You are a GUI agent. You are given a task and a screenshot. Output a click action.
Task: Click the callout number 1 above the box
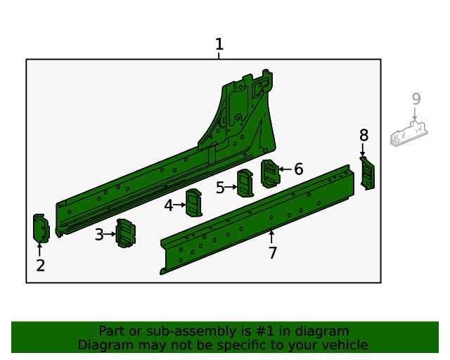click(219, 45)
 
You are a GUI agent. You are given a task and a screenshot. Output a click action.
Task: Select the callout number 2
click(40, 265)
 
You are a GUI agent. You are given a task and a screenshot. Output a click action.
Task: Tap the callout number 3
click(99, 234)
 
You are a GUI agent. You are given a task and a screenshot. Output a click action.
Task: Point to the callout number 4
click(169, 205)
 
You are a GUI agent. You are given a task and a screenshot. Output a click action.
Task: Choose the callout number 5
click(220, 188)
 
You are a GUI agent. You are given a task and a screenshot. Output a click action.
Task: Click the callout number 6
click(298, 169)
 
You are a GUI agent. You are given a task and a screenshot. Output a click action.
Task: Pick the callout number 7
click(273, 253)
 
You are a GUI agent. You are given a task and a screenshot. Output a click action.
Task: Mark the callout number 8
click(364, 135)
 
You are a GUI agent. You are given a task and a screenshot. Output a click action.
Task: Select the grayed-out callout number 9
click(416, 99)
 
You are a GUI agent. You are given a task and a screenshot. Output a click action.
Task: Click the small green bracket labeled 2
click(40, 228)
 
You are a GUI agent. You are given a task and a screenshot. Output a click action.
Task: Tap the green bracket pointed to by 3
click(125, 233)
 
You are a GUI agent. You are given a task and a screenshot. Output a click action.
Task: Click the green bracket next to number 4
click(193, 204)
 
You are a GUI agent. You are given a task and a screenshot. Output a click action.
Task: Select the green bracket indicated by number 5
click(245, 184)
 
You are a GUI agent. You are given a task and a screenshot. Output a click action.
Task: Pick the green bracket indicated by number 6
click(269, 173)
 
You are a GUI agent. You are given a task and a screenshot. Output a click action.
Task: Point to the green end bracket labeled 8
click(367, 173)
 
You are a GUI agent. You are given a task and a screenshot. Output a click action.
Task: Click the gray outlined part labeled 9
click(409, 133)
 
